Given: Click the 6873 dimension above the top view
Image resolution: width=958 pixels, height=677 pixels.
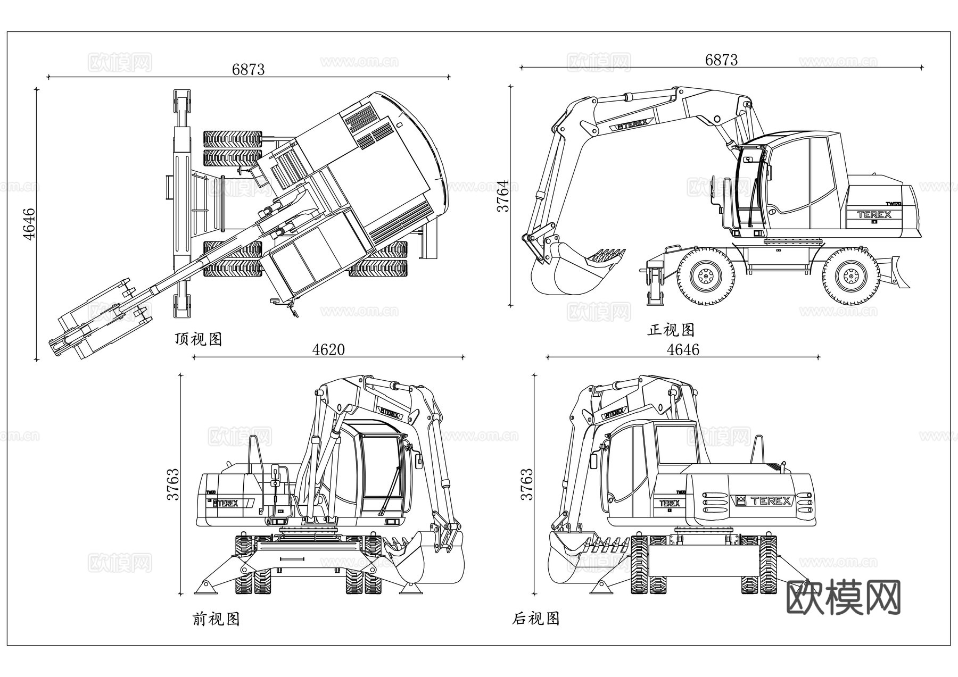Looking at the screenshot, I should [248, 69].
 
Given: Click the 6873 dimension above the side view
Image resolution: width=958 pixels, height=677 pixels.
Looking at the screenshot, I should [721, 60].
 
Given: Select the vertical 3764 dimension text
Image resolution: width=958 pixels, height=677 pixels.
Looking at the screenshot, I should [503, 196].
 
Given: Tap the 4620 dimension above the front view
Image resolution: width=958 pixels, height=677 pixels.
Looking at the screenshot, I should [328, 349].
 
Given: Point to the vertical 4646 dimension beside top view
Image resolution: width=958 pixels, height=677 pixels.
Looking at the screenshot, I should [29, 224].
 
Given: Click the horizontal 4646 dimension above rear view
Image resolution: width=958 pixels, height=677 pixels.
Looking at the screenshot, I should [683, 349].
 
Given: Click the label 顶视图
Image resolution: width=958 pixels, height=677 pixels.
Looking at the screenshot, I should [198, 339].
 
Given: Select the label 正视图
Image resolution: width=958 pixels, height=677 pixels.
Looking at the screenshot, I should [671, 330].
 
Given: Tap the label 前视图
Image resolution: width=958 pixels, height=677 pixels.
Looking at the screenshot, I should [216, 619].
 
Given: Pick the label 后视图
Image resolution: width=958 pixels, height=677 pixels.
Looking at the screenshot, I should [535, 619].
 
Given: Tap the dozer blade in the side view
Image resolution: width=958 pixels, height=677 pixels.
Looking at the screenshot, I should [902, 272].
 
